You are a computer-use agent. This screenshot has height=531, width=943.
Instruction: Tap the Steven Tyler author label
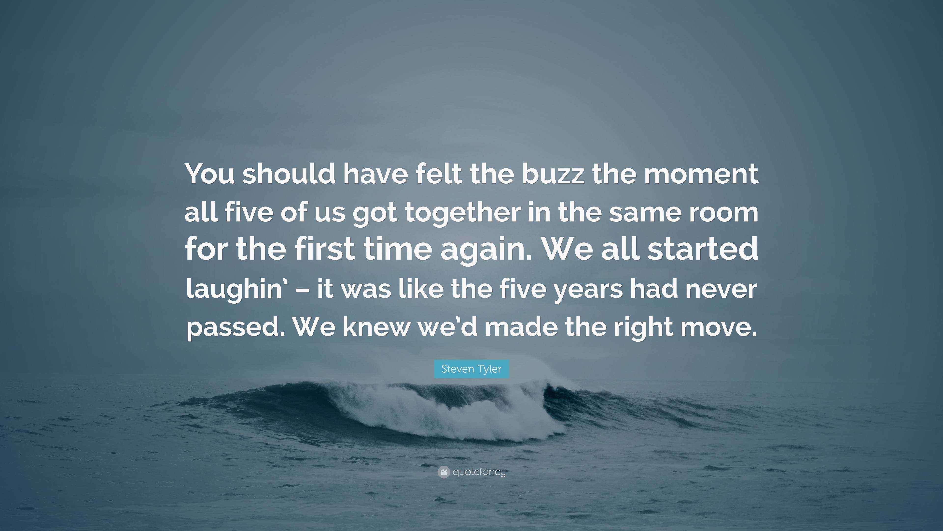click(x=471, y=369)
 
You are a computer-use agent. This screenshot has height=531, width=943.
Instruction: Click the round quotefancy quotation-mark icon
click(x=443, y=472)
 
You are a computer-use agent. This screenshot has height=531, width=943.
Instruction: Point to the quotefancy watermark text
click(x=479, y=472)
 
